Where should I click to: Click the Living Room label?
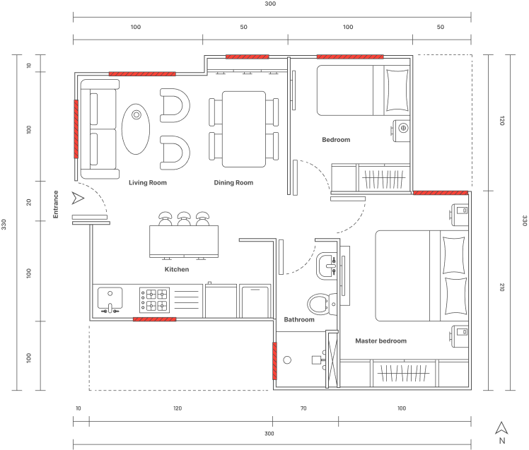[148, 183]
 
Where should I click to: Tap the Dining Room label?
[233, 183]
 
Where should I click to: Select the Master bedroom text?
[381, 341]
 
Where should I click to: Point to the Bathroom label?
[299, 319]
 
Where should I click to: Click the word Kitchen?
[177, 269]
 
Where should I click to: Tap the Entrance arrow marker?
[78, 199]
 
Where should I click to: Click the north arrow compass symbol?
[501, 428]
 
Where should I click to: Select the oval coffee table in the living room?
[136, 129]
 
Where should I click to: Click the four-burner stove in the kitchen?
[155, 300]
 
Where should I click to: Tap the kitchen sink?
[110, 299]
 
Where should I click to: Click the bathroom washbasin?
[326, 266]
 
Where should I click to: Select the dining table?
[244, 129]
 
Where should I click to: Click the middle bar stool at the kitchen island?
[184, 218]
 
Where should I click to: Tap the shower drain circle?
[287, 360]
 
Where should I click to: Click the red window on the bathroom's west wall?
[274, 361]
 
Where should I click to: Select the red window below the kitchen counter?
[154, 319]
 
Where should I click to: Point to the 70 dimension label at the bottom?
[303, 408]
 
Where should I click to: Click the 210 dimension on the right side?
[501, 288]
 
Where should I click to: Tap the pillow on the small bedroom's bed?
[397, 90]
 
